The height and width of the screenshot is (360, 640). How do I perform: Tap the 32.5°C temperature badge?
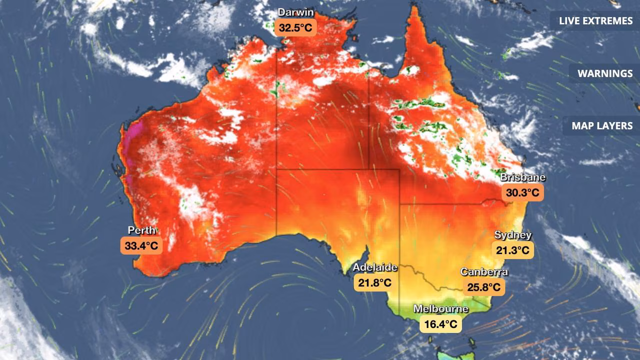(295, 27)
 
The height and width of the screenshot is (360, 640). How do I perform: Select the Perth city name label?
(141, 230)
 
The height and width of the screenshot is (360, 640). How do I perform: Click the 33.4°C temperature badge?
(141, 245)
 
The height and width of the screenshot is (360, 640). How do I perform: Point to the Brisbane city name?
(522, 177)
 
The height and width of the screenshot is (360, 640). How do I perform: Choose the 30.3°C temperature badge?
(522, 192)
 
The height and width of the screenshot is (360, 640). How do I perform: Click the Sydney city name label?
(513, 235)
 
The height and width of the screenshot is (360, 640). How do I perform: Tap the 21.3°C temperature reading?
(513, 250)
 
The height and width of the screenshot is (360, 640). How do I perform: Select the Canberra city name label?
(484, 272)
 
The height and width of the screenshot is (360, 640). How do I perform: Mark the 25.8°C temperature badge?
(484, 287)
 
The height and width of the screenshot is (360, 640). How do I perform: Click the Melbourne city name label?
(440, 309)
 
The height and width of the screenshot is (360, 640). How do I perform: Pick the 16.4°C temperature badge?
(440, 324)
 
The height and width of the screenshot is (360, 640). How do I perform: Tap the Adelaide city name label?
(375, 267)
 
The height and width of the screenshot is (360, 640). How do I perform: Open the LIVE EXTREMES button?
(595, 21)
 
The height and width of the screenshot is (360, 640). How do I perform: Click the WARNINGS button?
(605, 73)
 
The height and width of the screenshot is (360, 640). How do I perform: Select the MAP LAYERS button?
(602, 126)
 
